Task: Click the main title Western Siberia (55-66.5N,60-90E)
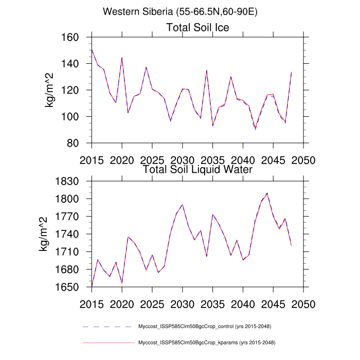179,11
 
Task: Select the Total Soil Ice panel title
197,27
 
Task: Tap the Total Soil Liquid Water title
197,169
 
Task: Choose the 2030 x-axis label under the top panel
183,158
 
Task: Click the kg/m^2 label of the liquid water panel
44,234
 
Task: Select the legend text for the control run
205,327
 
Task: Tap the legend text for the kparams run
205,343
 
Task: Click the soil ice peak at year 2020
122,58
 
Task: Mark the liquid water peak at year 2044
267,193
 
